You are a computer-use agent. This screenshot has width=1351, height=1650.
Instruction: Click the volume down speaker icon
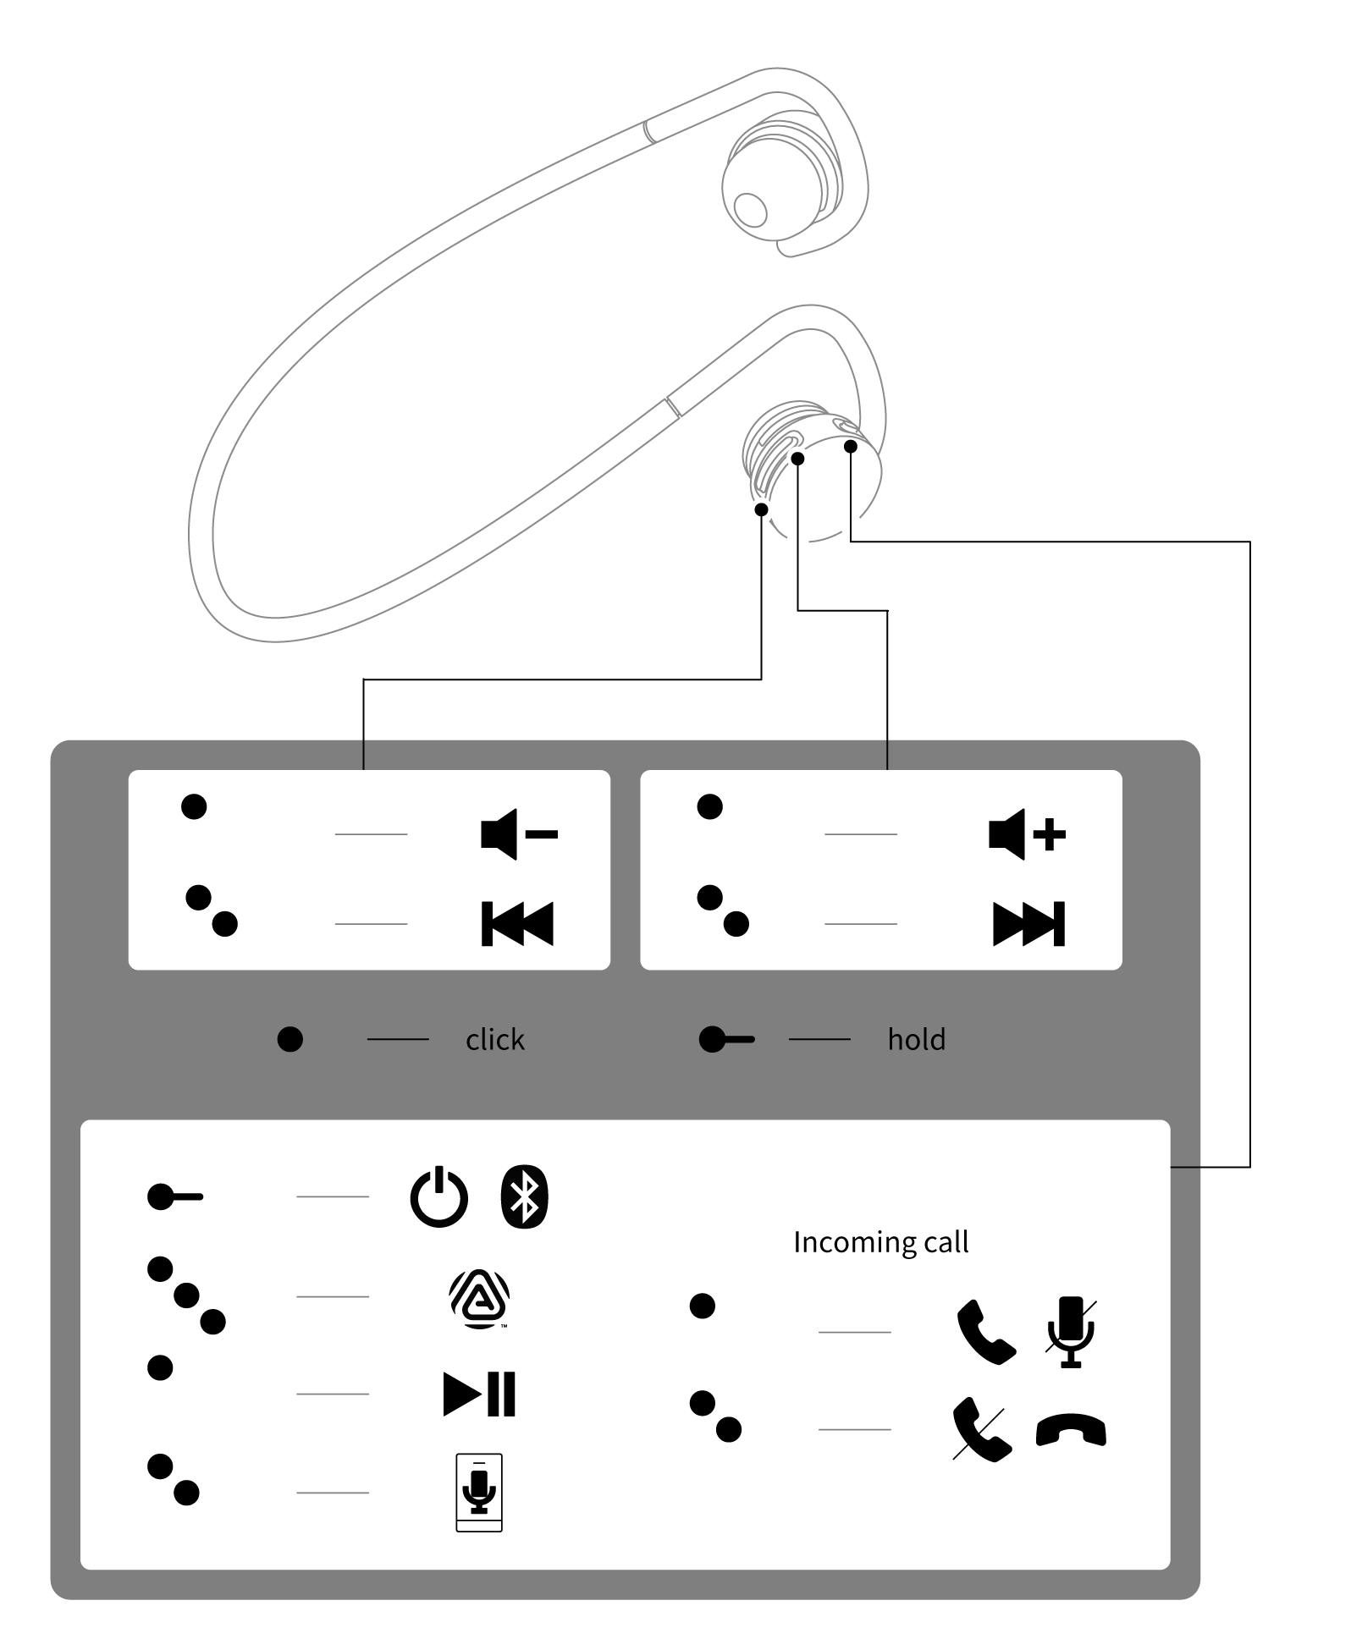[518, 835]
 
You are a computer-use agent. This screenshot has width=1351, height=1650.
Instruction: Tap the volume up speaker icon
[1027, 835]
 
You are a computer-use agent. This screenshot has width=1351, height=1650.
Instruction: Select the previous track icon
[517, 923]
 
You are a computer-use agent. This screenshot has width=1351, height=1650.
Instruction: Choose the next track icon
[1028, 923]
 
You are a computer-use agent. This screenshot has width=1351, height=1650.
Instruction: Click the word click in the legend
[494, 1039]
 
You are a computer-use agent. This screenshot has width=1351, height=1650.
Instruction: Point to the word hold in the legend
[916, 1039]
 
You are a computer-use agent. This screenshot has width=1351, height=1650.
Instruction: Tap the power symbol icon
[438, 1197]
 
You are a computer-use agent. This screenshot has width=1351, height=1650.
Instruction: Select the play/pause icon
[479, 1394]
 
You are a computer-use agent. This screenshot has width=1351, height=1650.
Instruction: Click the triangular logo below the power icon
[479, 1298]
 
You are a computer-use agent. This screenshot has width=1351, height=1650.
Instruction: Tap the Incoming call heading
[880, 1242]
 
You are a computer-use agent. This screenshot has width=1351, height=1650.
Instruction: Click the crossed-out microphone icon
[1071, 1332]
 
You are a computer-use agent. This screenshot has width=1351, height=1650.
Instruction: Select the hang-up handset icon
[1071, 1431]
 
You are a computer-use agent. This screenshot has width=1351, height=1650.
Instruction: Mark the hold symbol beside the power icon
[174, 1197]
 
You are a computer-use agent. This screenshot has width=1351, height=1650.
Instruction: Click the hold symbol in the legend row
[725, 1039]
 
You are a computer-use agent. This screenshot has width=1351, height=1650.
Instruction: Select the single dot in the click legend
[290, 1039]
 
